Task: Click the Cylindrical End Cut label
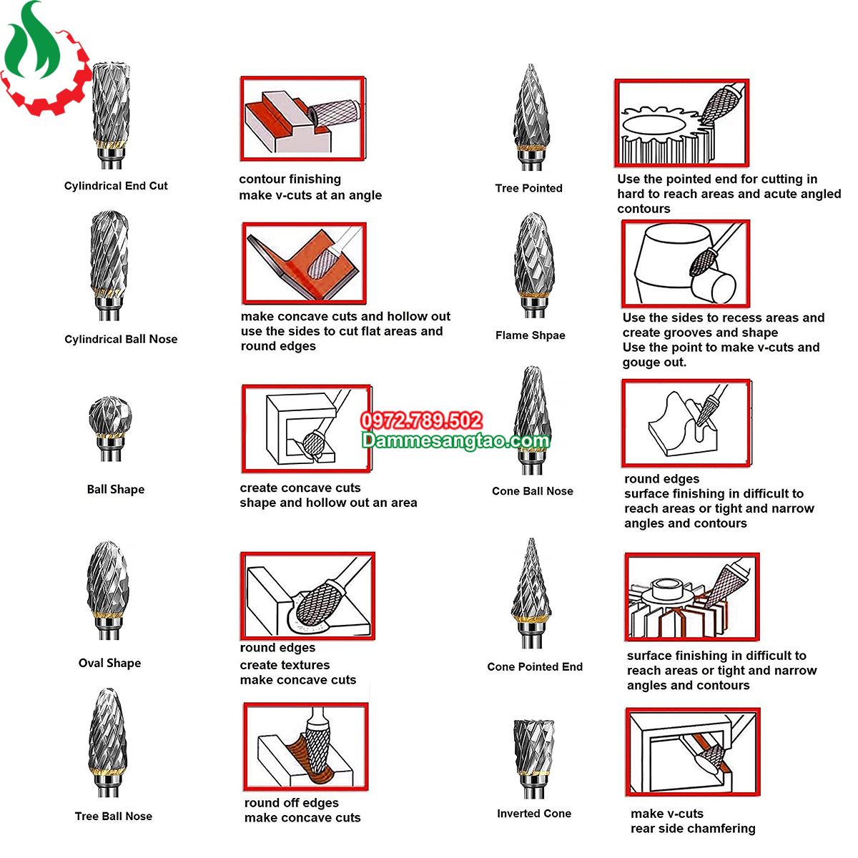(116, 186)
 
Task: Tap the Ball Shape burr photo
(109, 428)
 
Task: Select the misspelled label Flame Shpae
(531, 335)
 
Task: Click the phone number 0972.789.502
(421, 420)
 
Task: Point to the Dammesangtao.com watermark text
(455, 440)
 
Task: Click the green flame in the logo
(32, 44)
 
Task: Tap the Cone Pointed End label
(535, 666)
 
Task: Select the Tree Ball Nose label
(114, 816)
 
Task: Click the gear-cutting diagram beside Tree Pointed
(681, 123)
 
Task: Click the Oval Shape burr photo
(108, 591)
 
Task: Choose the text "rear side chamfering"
(693, 828)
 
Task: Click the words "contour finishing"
(290, 179)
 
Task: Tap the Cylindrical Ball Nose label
(121, 340)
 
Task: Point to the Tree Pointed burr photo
(530, 117)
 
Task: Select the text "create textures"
(285, 665)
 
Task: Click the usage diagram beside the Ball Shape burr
(307, 428)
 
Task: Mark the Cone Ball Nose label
(533, 491)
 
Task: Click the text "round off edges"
(291, 802)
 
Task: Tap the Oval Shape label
(109, 663)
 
